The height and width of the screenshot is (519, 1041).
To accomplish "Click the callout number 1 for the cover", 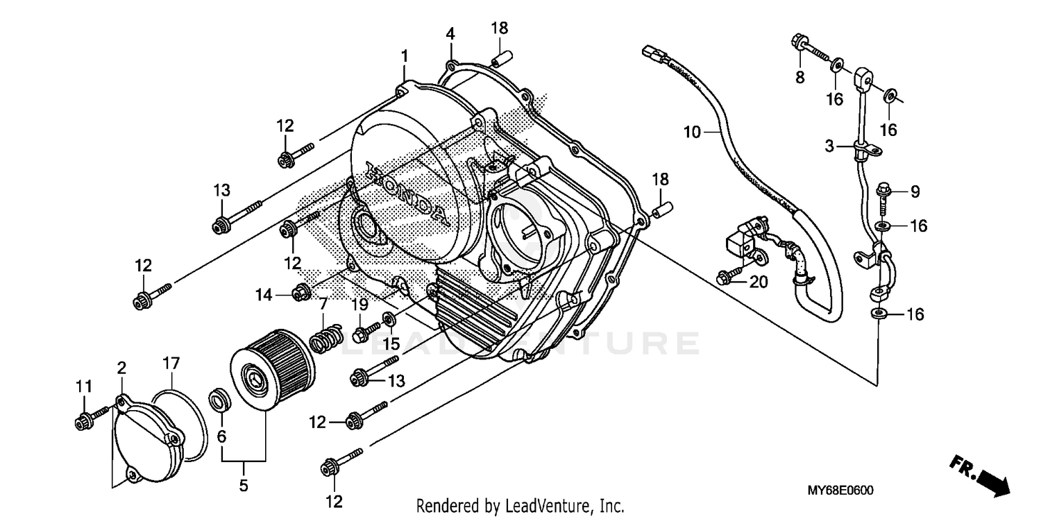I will coord(404,56).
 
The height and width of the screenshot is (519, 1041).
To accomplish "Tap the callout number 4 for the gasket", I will coord(450,33).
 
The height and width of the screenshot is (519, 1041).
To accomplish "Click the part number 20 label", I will coord(759,281).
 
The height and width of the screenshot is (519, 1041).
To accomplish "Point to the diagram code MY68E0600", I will coord(840,491).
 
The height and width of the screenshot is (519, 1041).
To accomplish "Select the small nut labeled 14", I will coord(301,293).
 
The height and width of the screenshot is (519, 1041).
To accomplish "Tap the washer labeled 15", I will coord(390,320).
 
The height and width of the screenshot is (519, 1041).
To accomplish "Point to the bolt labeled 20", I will coord(731,276).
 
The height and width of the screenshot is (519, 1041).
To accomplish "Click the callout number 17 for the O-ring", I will coord(171,363).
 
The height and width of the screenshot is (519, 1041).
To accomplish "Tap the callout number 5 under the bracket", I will coord(244,486).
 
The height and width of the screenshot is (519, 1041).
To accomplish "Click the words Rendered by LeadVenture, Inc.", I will coord(520,506).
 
